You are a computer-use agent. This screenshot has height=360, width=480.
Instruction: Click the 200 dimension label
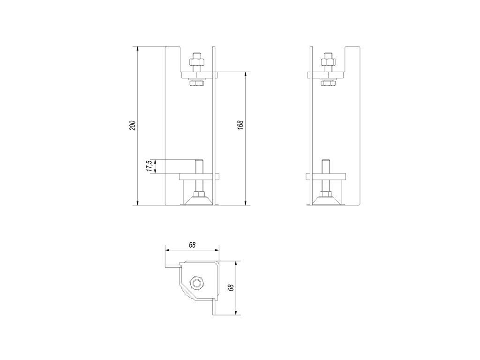[133, 126]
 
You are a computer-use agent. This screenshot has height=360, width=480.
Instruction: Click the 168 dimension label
[240, 125]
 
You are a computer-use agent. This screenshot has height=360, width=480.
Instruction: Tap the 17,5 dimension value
[150, 165]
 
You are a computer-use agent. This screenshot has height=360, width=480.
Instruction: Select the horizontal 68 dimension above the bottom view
[192, 245]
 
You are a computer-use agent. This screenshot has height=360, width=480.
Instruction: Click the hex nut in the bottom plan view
[196, 283]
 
